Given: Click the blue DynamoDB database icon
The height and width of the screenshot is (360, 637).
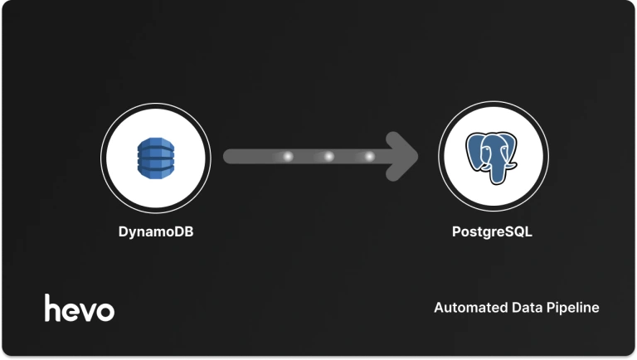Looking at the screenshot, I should [155, 156].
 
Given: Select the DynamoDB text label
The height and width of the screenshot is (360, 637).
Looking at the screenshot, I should [155, 232].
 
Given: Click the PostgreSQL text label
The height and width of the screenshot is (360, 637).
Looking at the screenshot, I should [492, 232].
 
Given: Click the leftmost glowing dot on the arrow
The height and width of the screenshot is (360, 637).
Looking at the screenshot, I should [288, 156].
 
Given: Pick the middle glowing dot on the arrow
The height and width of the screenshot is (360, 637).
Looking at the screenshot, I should [328, 156].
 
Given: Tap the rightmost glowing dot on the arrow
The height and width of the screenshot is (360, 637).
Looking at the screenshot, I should [369, 156].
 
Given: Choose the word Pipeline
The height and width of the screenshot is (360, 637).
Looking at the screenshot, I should [571, 308].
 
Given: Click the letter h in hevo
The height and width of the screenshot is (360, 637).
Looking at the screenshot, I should [52, 307].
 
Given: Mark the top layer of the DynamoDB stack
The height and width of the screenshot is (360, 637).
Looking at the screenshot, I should [155, 143].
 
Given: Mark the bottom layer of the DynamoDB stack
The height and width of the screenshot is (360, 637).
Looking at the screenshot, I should [155, 171].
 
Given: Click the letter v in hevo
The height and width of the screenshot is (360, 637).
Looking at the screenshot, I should [87, 311].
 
